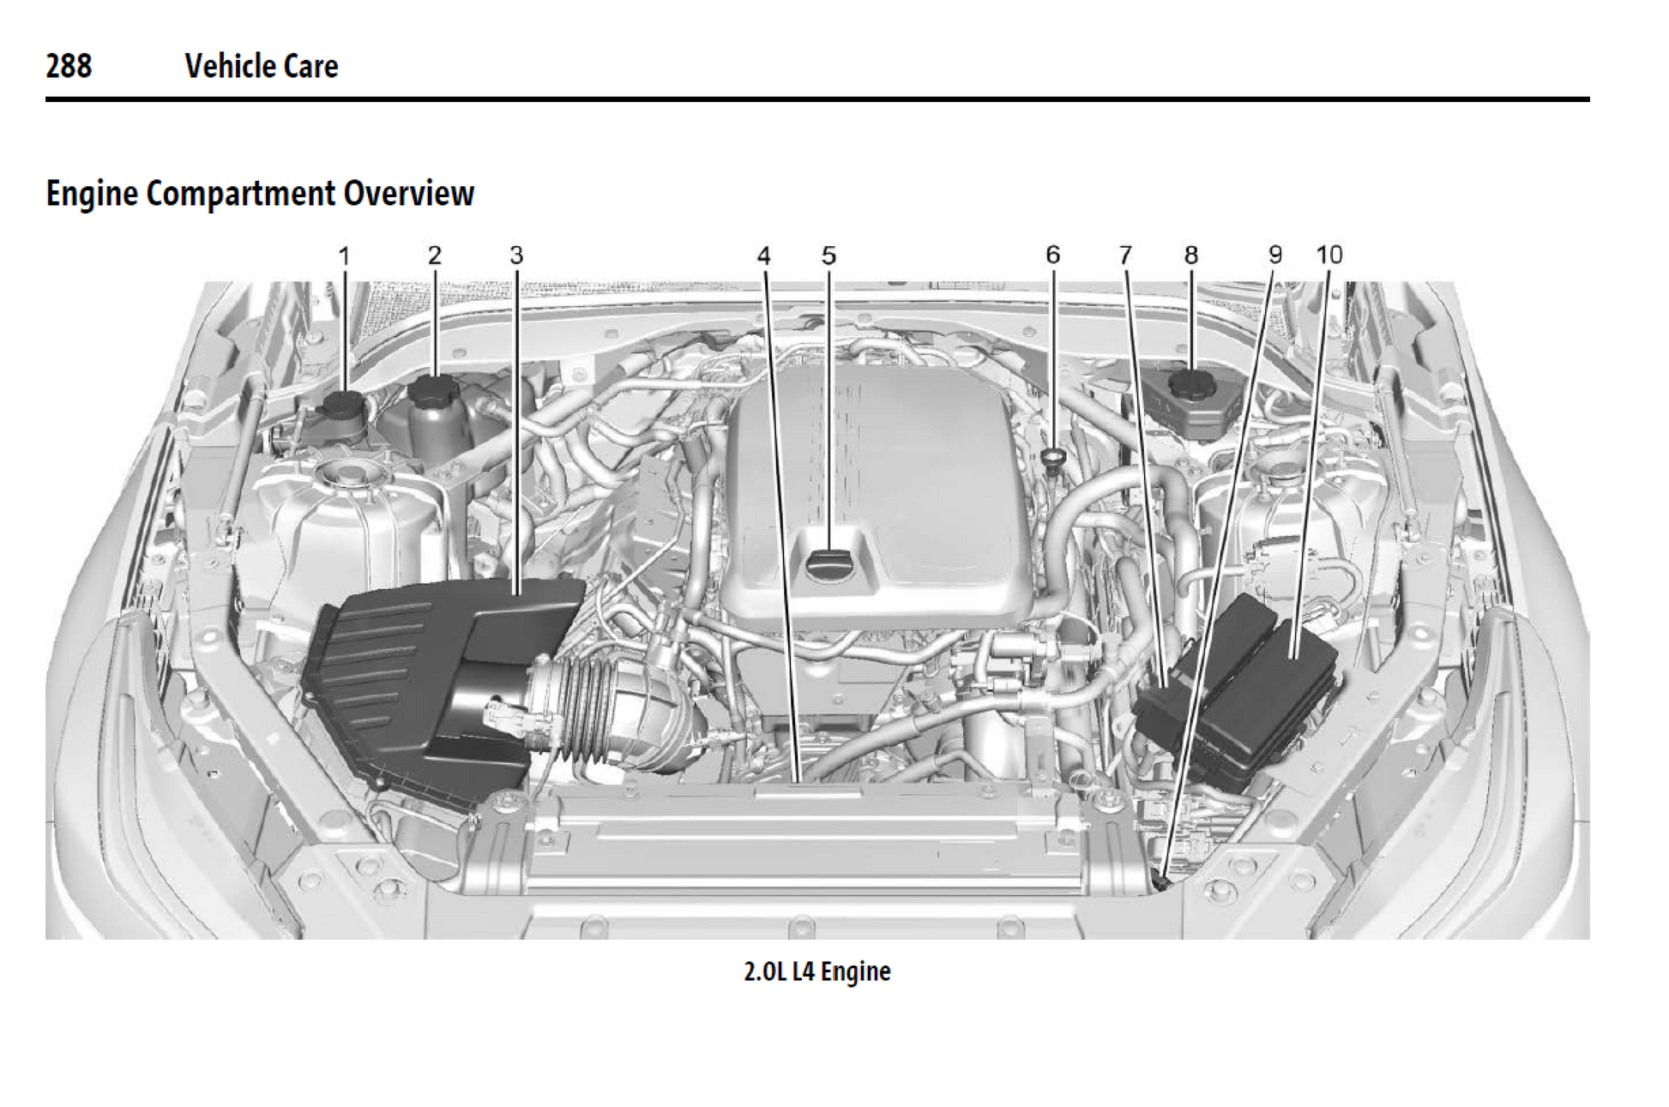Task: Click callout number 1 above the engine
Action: pyautogui.click(x=344, y=256)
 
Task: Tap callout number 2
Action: pyautogui.click(x=435, y=256)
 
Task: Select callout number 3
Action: pyautogui.click(x=516, y=256)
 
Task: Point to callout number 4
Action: pyautogui.click(x=763, y=256)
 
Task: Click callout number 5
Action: pyautogui.click(x=828, y=256)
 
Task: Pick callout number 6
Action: pyautogui.click(x=1052, y=255)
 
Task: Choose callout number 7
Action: pyautogui.click(x=1125, y=255)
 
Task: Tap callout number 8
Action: pyautogui.click(x=1191, y=255)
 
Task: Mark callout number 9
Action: pyautogui.click(x=1275, y=255)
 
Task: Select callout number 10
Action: pyautogui.click(x=1329, y=255)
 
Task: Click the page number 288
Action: pyautogui.click(x=69, y=66)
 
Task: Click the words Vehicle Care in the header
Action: pyautogui.click(x=262, y=66)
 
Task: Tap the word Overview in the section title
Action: pyautogui.click(x=408, y=193)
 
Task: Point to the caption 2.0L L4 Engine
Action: pyautogui.click(x=816, y=972)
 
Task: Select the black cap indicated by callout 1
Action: pyautogui.click(x=346, y=403)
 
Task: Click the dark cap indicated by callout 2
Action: pyautogui.click(x=436, y=390)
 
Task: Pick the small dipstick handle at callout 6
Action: pyautogui.click(x=1053, y=454)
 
